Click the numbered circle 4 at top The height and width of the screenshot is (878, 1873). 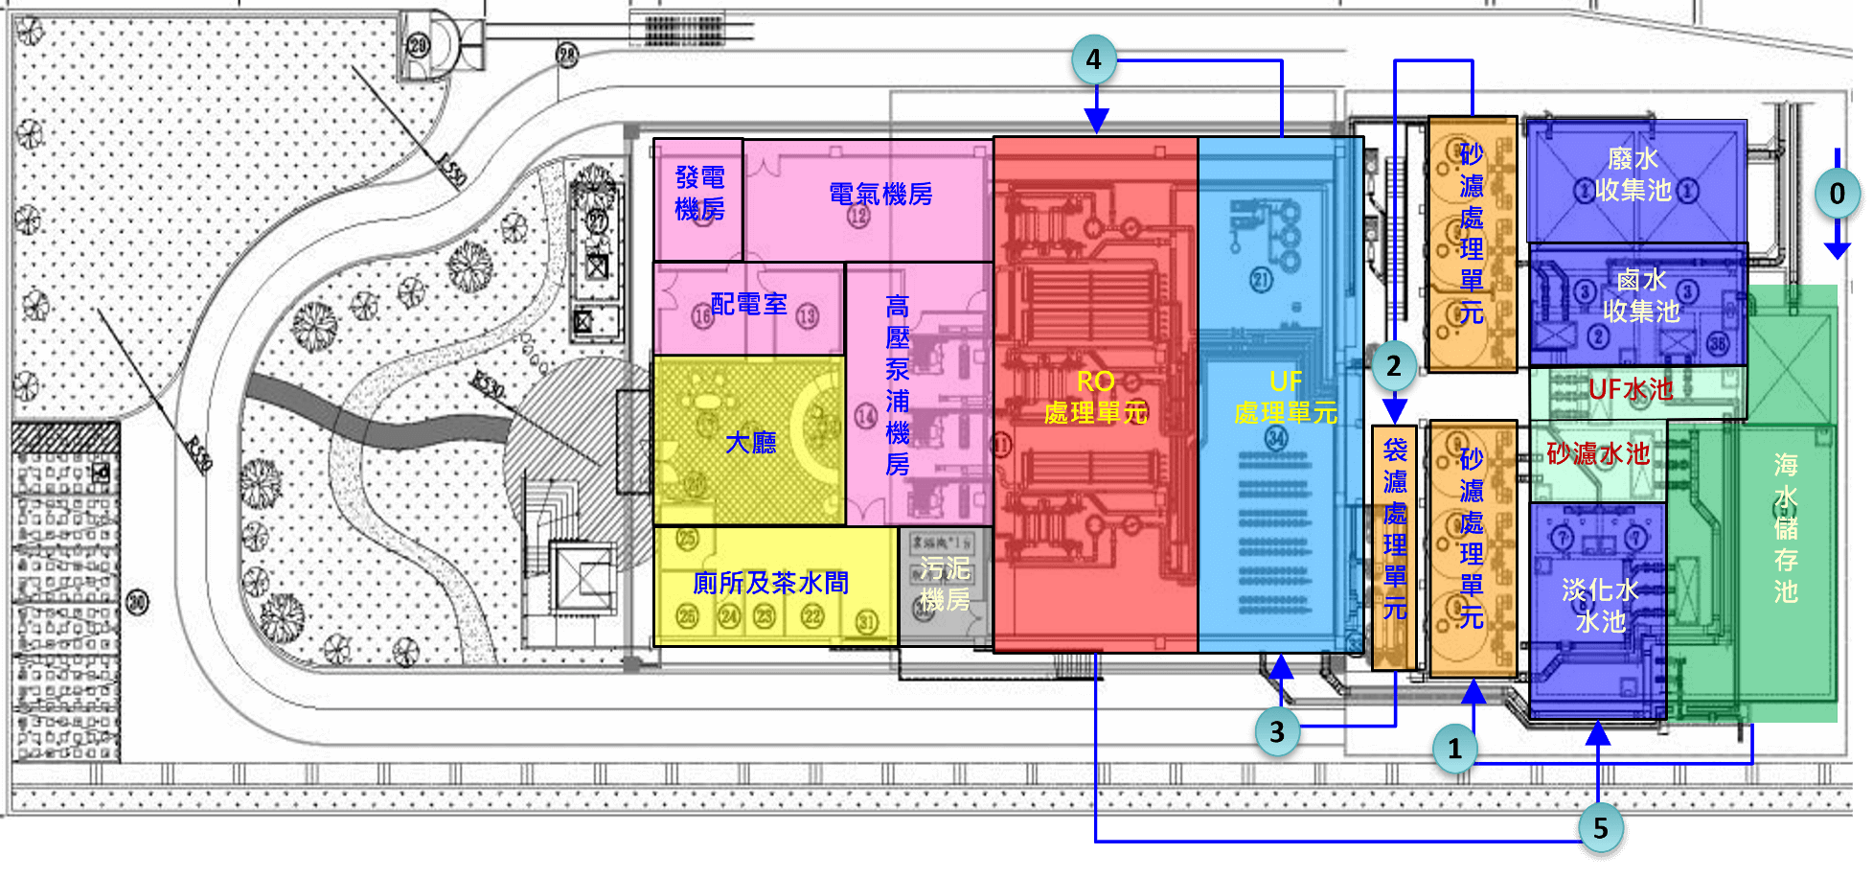tap(1093, 59)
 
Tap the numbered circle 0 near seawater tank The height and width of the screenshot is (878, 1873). tap(1837, 194)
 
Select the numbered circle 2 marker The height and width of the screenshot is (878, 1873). tap(1393, 365)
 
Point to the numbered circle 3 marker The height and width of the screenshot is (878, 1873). tap(1276, 732)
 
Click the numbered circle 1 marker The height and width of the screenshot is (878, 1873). tap(1454, 749)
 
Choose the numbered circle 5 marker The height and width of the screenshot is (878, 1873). tap(1600, 828)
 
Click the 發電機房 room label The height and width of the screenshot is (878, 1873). tap(699, 194)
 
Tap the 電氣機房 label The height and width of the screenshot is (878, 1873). tap(879, 195)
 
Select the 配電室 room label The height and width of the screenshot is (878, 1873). tap(748, 305)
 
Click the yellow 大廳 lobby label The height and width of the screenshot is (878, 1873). tap(750, 443)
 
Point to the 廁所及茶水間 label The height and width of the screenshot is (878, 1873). tap(770, 583)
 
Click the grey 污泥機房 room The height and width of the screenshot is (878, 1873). tap(945, 585)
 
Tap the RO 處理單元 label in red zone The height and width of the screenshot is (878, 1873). tap(1095, 398)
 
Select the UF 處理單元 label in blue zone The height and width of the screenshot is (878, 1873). tap(1285, 398)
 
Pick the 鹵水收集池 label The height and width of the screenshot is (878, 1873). tap(1640, 295)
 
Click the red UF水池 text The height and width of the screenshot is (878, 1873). tap(1631, 389)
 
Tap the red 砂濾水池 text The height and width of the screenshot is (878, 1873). tap(1598, 453)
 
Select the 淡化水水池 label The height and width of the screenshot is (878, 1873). tap(1599, 605)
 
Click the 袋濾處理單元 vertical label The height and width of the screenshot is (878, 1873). tap(1395, 529)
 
